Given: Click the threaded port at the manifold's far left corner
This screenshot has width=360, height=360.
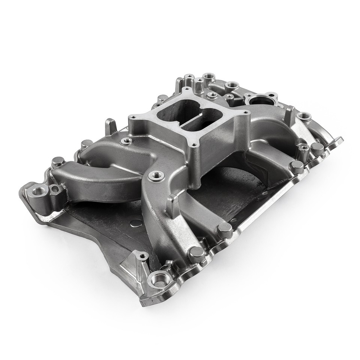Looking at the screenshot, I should (38, 192).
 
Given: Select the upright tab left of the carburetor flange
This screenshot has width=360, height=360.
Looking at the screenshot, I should (109, 126).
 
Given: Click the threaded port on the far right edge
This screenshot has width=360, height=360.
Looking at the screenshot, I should (303, 114).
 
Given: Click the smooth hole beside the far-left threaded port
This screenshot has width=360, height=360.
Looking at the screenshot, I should (55, 188).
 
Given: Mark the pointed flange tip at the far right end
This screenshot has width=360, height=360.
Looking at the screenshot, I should (340, 141).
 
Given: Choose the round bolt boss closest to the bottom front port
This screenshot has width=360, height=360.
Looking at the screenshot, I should (196, 253).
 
